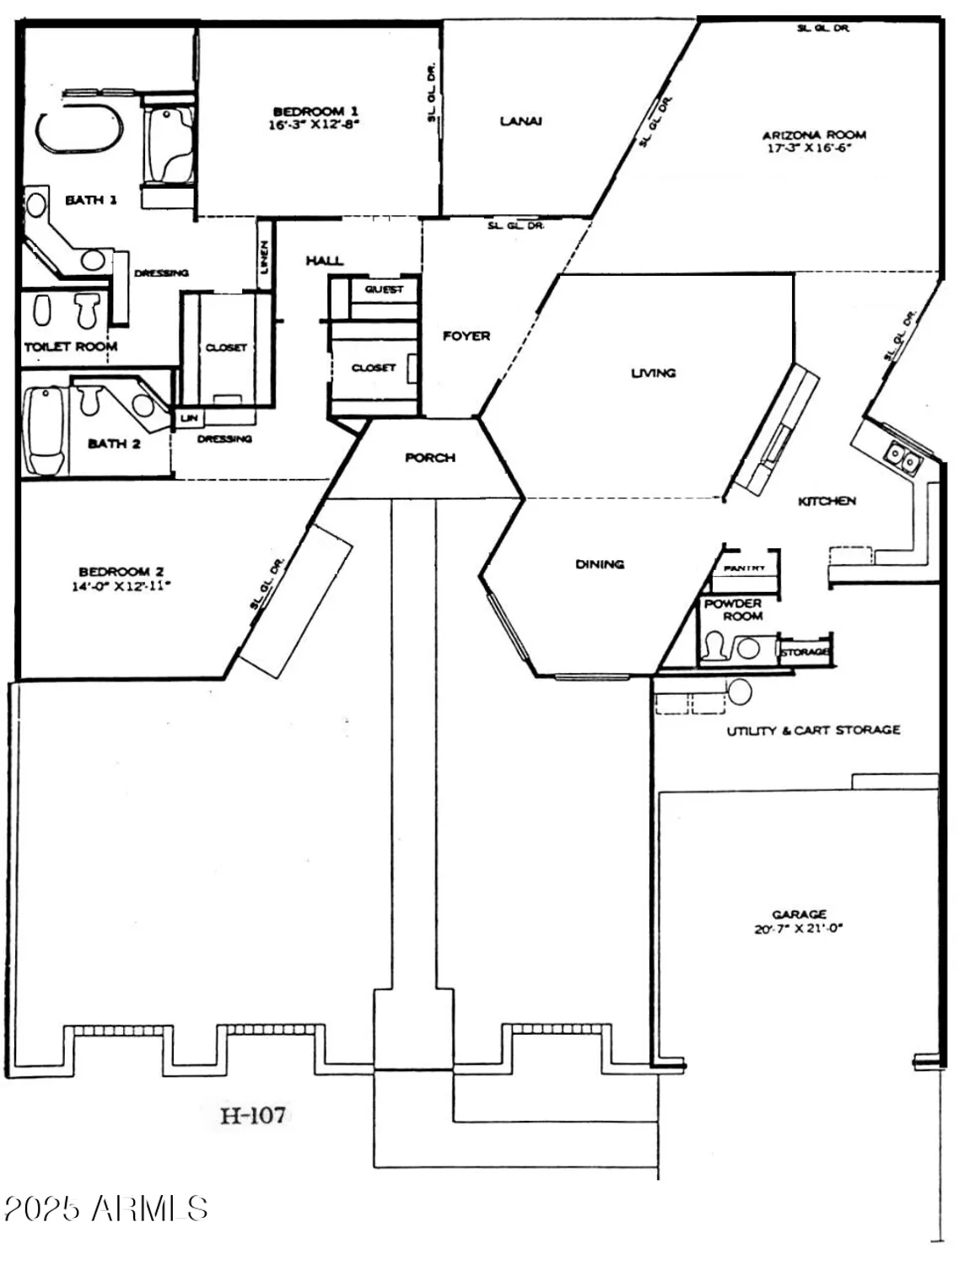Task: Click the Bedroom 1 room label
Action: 315,111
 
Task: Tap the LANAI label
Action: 520,121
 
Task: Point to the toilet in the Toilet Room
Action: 86,310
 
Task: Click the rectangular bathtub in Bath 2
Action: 45,429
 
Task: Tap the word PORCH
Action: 429,458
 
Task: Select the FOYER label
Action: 466,336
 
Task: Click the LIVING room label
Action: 653,373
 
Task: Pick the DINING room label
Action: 600,564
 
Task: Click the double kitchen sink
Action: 900,460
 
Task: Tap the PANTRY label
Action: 744,568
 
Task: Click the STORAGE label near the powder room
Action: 804,652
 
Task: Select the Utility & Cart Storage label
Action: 813,730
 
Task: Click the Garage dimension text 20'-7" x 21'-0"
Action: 798,929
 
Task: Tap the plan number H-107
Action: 253,1116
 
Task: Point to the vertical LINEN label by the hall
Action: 264,257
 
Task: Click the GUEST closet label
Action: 384,289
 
